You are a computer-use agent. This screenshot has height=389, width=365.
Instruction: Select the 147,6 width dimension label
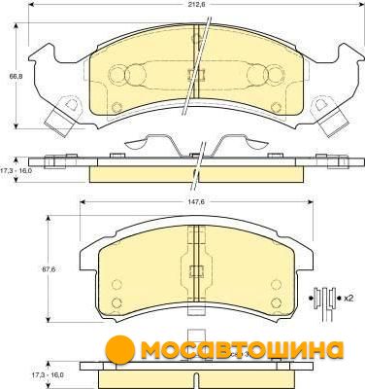(x=196, y=202)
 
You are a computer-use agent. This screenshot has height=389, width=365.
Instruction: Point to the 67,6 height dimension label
(x=46, y=269)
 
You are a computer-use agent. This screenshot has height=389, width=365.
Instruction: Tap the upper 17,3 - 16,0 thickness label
(x=16, y=170)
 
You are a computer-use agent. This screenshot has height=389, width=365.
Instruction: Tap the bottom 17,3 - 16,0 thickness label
(x=48, y=374)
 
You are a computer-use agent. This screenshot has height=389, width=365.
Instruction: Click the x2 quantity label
(x=348, y=299)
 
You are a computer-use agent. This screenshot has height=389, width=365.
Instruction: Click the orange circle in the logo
(x=119, y=349)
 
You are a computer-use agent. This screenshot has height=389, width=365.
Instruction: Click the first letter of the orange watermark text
(x=152, y=349)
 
